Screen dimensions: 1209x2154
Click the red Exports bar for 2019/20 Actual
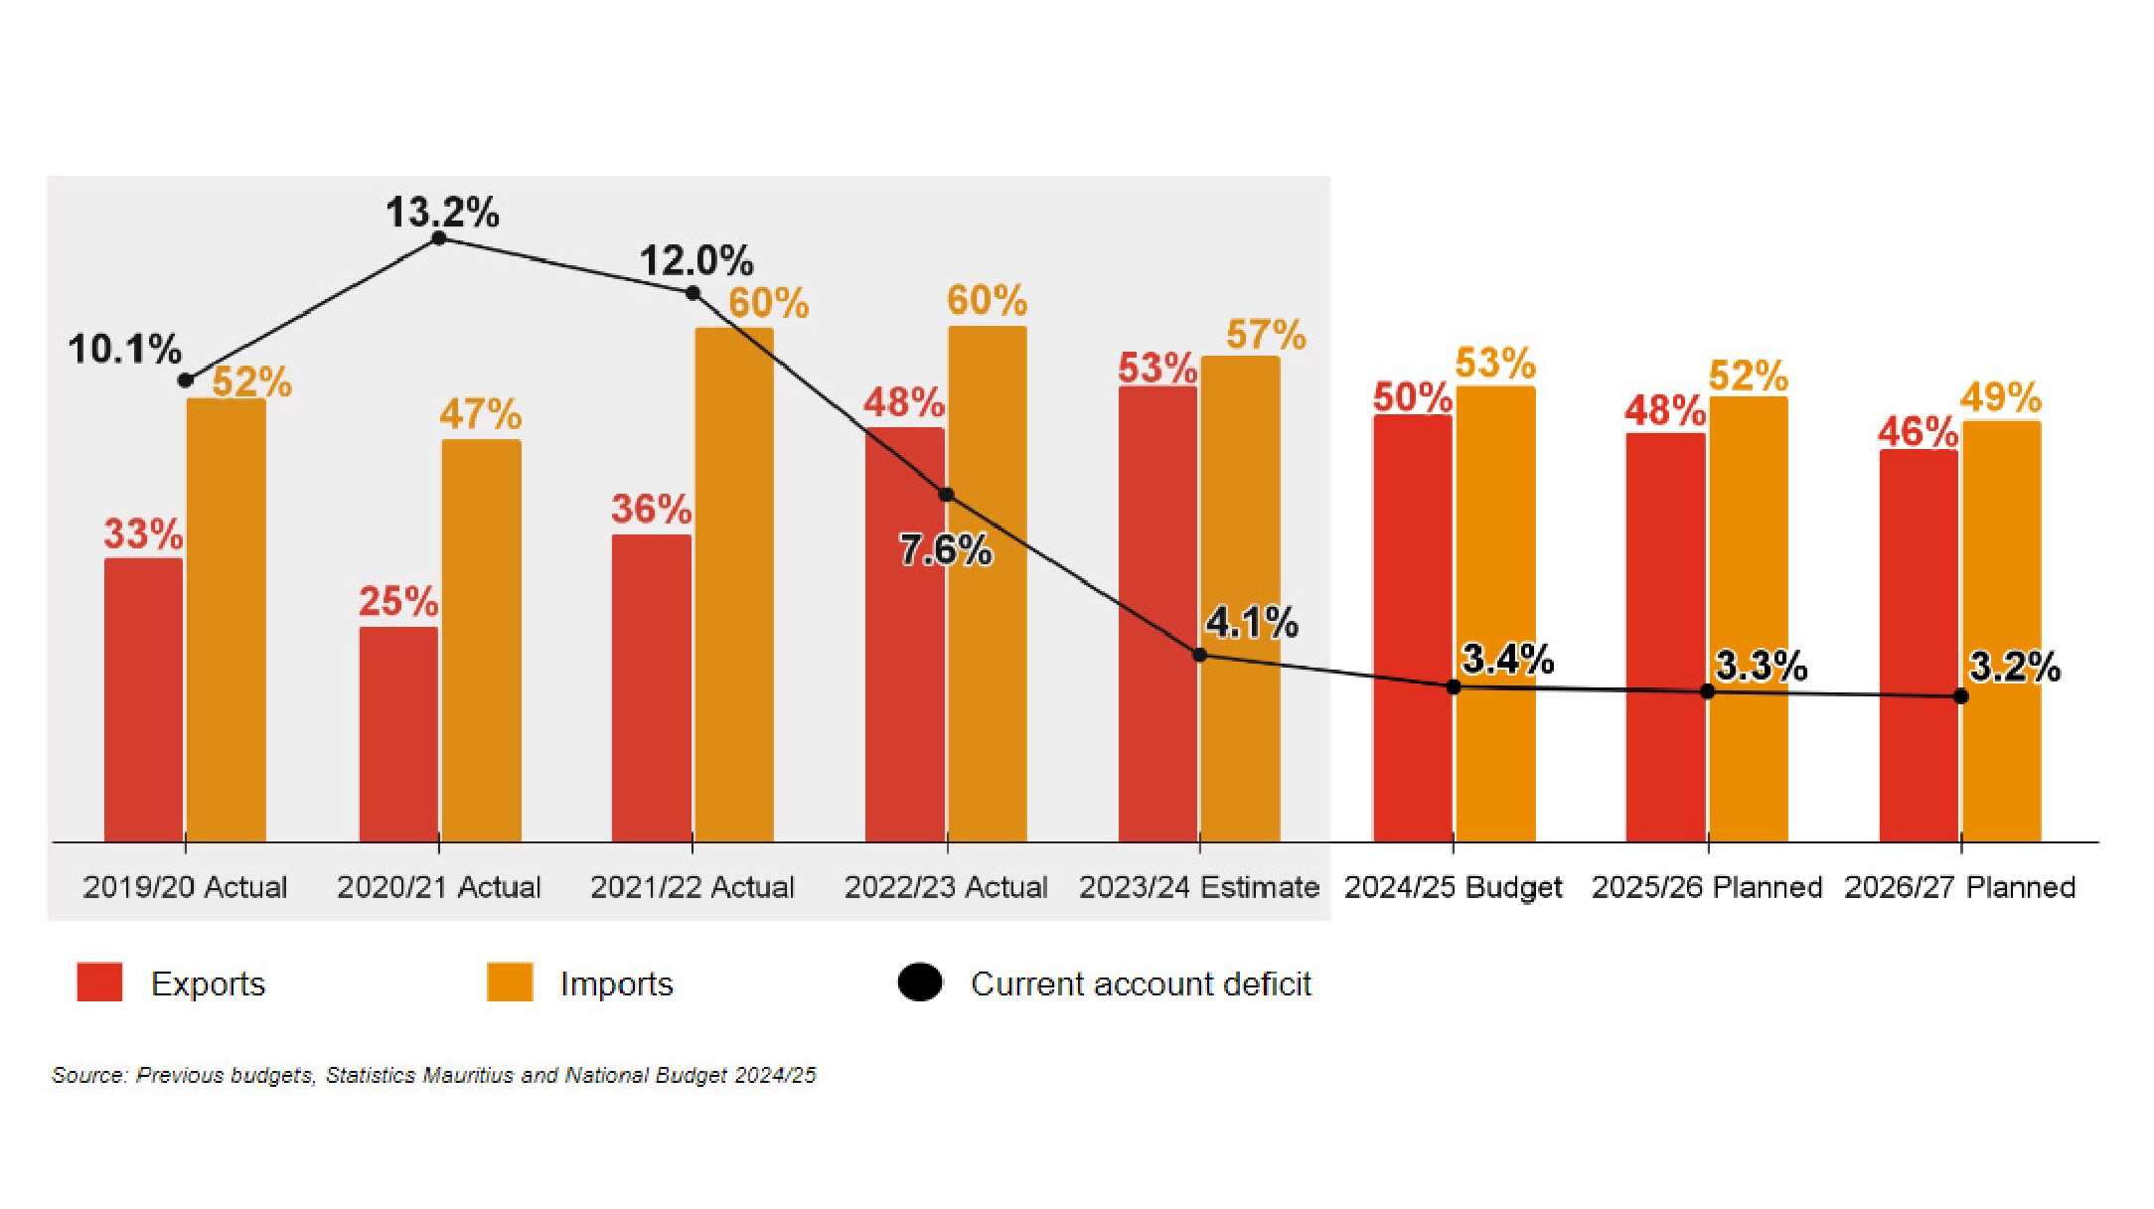pos(143,700)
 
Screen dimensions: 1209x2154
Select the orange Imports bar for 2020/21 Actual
pos(481,641)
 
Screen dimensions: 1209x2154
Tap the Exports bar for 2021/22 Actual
pos(651,688)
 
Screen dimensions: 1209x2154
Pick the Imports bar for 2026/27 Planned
pos(2001,632)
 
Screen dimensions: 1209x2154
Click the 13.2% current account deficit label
pos(442,213)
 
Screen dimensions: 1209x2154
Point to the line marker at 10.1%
pos(186,380)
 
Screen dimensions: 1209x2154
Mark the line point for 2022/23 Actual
pos(946,495)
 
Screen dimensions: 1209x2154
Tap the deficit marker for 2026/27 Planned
pos(1960,696)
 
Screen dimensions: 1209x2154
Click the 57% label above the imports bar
pos(1266,335)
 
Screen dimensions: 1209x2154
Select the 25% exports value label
pos(397,601)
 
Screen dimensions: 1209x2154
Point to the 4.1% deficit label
pos(1251,623)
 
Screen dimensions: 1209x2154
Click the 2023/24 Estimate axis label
pos(1199,887)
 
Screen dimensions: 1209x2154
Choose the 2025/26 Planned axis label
pos(1706,887)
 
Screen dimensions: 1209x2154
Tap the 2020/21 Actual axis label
pos(438,887)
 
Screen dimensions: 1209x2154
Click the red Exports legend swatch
pos(99,982)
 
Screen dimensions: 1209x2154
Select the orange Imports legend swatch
pos(510,982)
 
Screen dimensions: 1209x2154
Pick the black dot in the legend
pos(920,982)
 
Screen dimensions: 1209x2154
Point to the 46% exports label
pos(1918,432)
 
